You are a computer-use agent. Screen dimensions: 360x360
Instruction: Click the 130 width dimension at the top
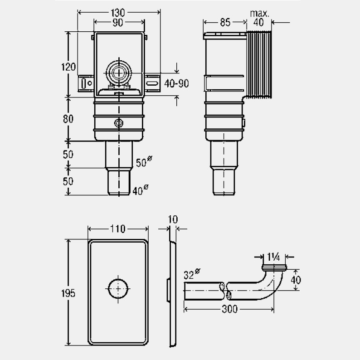[119, 13]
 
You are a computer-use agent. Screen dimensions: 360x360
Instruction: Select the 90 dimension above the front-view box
[119, 22]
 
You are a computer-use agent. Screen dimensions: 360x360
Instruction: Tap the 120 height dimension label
[68, 67]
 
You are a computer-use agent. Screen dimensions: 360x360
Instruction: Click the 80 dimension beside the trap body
[68, 118]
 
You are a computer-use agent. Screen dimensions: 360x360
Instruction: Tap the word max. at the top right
[260, 13]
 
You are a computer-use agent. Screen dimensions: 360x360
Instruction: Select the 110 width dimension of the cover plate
[118, 229]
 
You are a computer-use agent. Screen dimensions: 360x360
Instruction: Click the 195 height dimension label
[68, 292]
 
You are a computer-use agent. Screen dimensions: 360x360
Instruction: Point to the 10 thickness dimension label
[173, 219]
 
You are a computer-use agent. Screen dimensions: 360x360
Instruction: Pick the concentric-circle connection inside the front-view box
[119, 73]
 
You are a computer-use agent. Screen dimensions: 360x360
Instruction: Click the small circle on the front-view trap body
[119, 123]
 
